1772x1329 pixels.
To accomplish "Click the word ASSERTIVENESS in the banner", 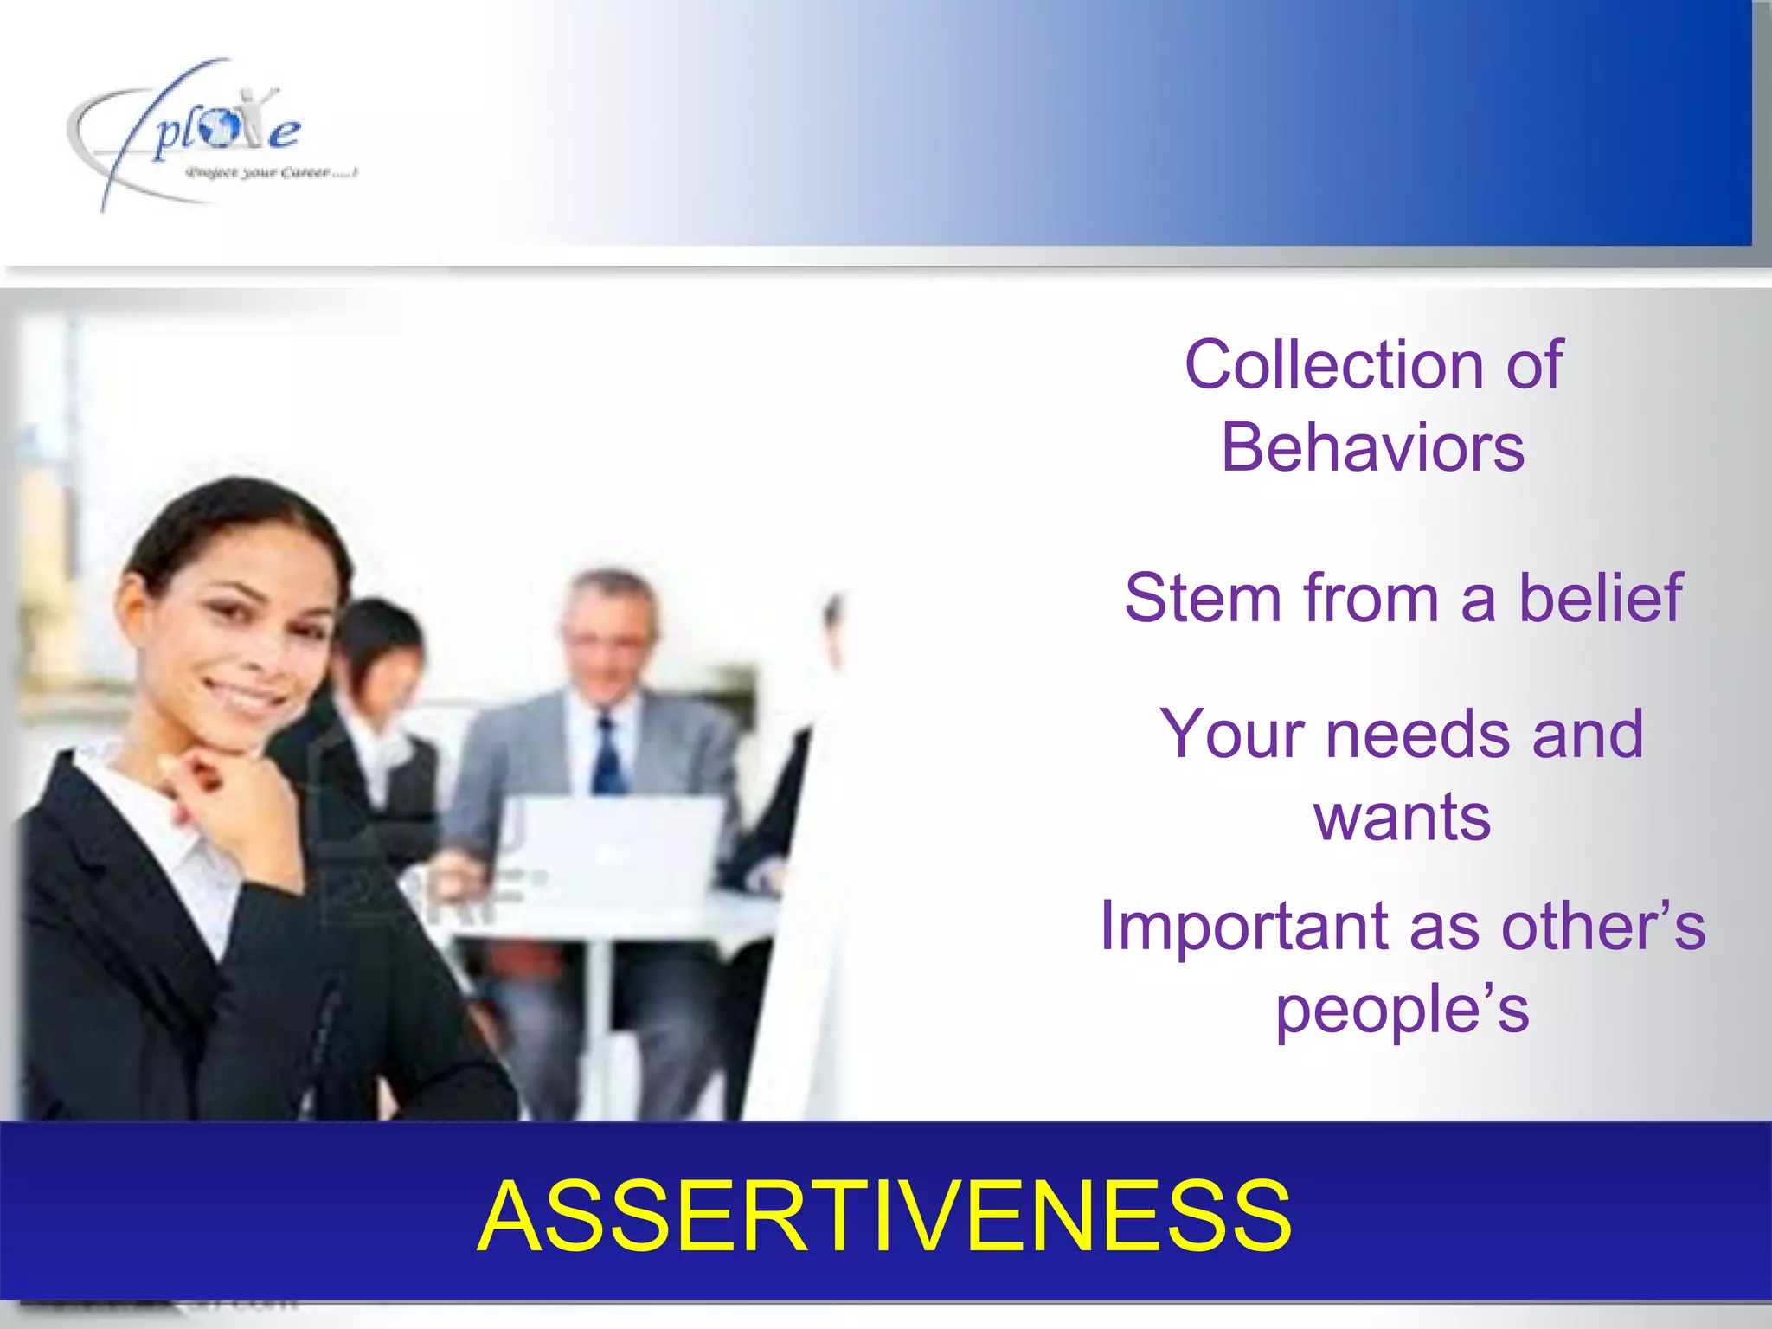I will point(884,1216).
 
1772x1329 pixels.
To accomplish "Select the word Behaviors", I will point(1372,447).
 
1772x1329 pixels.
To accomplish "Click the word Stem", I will point(1202,597).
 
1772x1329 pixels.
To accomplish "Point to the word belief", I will point(1600,597).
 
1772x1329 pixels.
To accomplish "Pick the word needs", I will point(1422,734).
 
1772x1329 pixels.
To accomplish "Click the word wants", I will point(1402,817).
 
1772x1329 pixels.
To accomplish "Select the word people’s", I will point(1402,1009).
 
